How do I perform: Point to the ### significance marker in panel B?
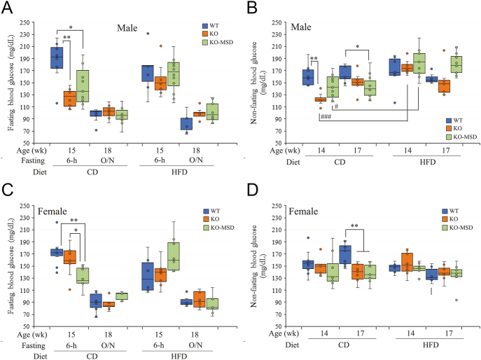326,118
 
